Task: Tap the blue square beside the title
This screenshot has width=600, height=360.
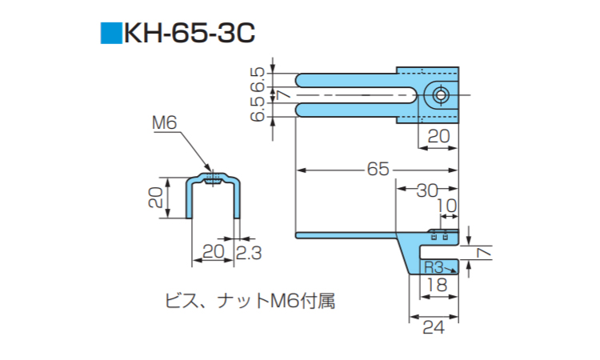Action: [x=109, y=34]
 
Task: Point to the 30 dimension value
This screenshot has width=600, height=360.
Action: [x=427, y=190]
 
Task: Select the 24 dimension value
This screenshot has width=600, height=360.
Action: [x=433, y=326]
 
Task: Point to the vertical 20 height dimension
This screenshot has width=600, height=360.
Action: [x=158, y=194]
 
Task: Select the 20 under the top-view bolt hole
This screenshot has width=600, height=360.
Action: [x=438, y=137]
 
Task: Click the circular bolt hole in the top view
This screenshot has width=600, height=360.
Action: [x=440, y=95]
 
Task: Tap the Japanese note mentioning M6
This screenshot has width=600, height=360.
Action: [x=249, y=302]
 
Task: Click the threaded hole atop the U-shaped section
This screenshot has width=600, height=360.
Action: [x=211, y=178]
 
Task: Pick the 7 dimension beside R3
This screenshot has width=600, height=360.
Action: [x=482, y=252]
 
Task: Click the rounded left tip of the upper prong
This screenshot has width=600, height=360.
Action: [x=298, y=80]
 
